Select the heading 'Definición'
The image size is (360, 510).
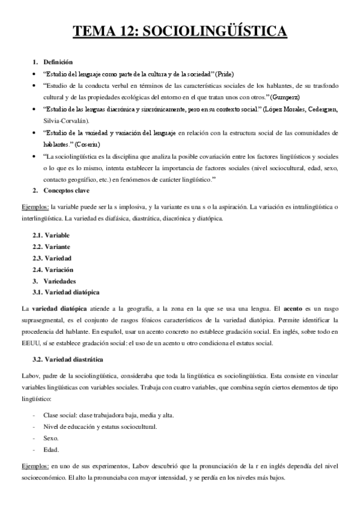tap(58, 62)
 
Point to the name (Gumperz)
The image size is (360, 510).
tap(285, 96)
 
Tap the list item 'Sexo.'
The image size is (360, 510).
tap(51, 438)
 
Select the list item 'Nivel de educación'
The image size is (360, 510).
tap(99, 427)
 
